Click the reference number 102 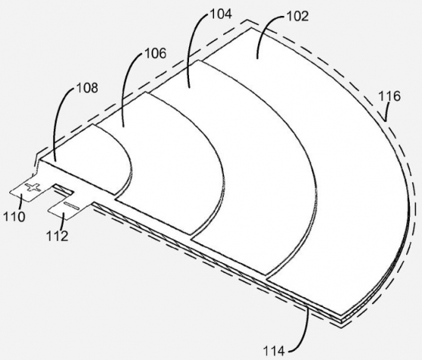coord(297,17)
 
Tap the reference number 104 coord(221,14)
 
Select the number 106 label coord(156,53)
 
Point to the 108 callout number coord(87,88)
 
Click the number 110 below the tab coord(14,216)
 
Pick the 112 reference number coord(57,236)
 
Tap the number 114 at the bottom coord(274,351)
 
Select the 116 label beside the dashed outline coord(389,96)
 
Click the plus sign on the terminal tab coord(33,187)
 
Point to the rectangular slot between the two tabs coord(64,190)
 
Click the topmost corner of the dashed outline coord(248,20)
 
